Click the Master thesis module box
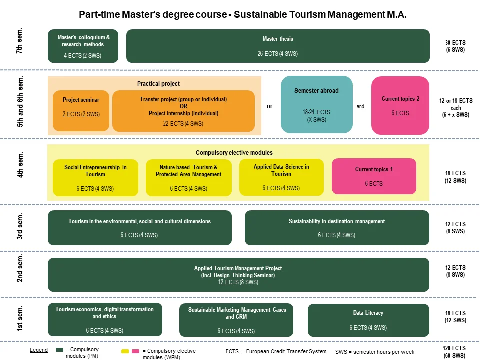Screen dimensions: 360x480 (278, 46)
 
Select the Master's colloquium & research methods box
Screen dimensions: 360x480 (83, 46)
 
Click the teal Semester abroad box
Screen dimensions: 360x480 (316, 105)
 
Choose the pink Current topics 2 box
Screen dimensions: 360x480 (400, 105)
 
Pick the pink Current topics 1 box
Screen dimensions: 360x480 (374, 176)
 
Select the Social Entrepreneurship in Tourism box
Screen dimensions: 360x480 (95, 177)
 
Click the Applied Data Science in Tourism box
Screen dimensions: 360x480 (281, 177)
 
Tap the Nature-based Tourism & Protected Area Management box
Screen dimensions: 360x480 (188, 177)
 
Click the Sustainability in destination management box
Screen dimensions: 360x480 (337, 228)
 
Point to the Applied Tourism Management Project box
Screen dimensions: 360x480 (238, 275)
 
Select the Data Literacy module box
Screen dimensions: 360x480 (368, 320)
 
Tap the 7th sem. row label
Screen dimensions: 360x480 (20, 44)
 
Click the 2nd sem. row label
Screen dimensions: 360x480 (20, 269)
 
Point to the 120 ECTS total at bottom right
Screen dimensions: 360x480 (454, 348)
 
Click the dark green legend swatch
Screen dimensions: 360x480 (60, 350)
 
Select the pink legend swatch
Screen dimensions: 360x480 (135, 351)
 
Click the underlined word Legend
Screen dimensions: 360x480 (39, 350)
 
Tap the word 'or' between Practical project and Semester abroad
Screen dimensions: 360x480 (269, 106)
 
